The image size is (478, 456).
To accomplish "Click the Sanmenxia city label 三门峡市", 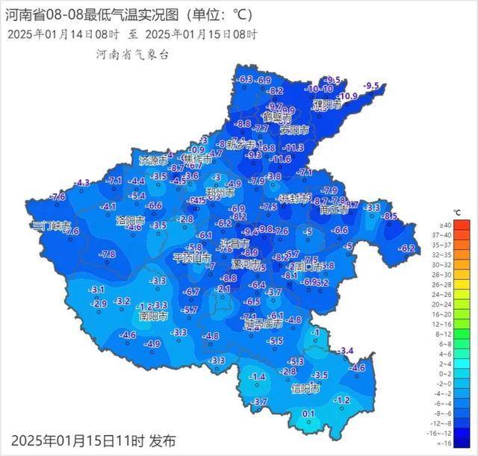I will click(51, 225).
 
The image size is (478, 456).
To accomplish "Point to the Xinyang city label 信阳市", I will click(305, 388).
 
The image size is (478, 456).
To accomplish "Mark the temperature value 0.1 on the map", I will click(308, 413).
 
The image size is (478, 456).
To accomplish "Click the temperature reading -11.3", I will click(293, 148).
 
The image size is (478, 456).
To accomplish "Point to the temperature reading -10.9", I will click(348, 97).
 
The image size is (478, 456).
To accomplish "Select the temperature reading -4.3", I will click(81, 183).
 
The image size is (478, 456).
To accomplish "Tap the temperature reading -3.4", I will click(345, 350).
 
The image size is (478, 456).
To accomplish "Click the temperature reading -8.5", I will click(390, 216).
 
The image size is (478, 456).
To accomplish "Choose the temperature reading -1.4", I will click(258, 378).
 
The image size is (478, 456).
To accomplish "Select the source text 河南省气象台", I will click(133, 54).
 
